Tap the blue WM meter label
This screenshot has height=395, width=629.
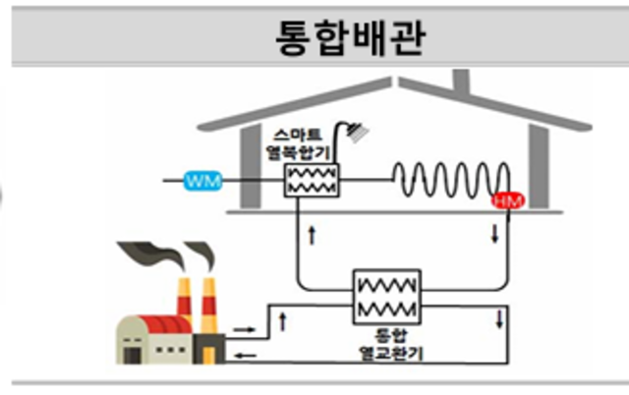(x=203, y=181)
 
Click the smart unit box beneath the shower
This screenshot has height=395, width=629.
(x=311, y=181)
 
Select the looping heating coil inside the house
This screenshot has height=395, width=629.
(x=452, y=179)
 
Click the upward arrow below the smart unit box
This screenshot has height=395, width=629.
(x=313, y=235)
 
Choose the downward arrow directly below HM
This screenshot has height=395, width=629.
(x=495, y=235)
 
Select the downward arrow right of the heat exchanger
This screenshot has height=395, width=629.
(x=500, y=318)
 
